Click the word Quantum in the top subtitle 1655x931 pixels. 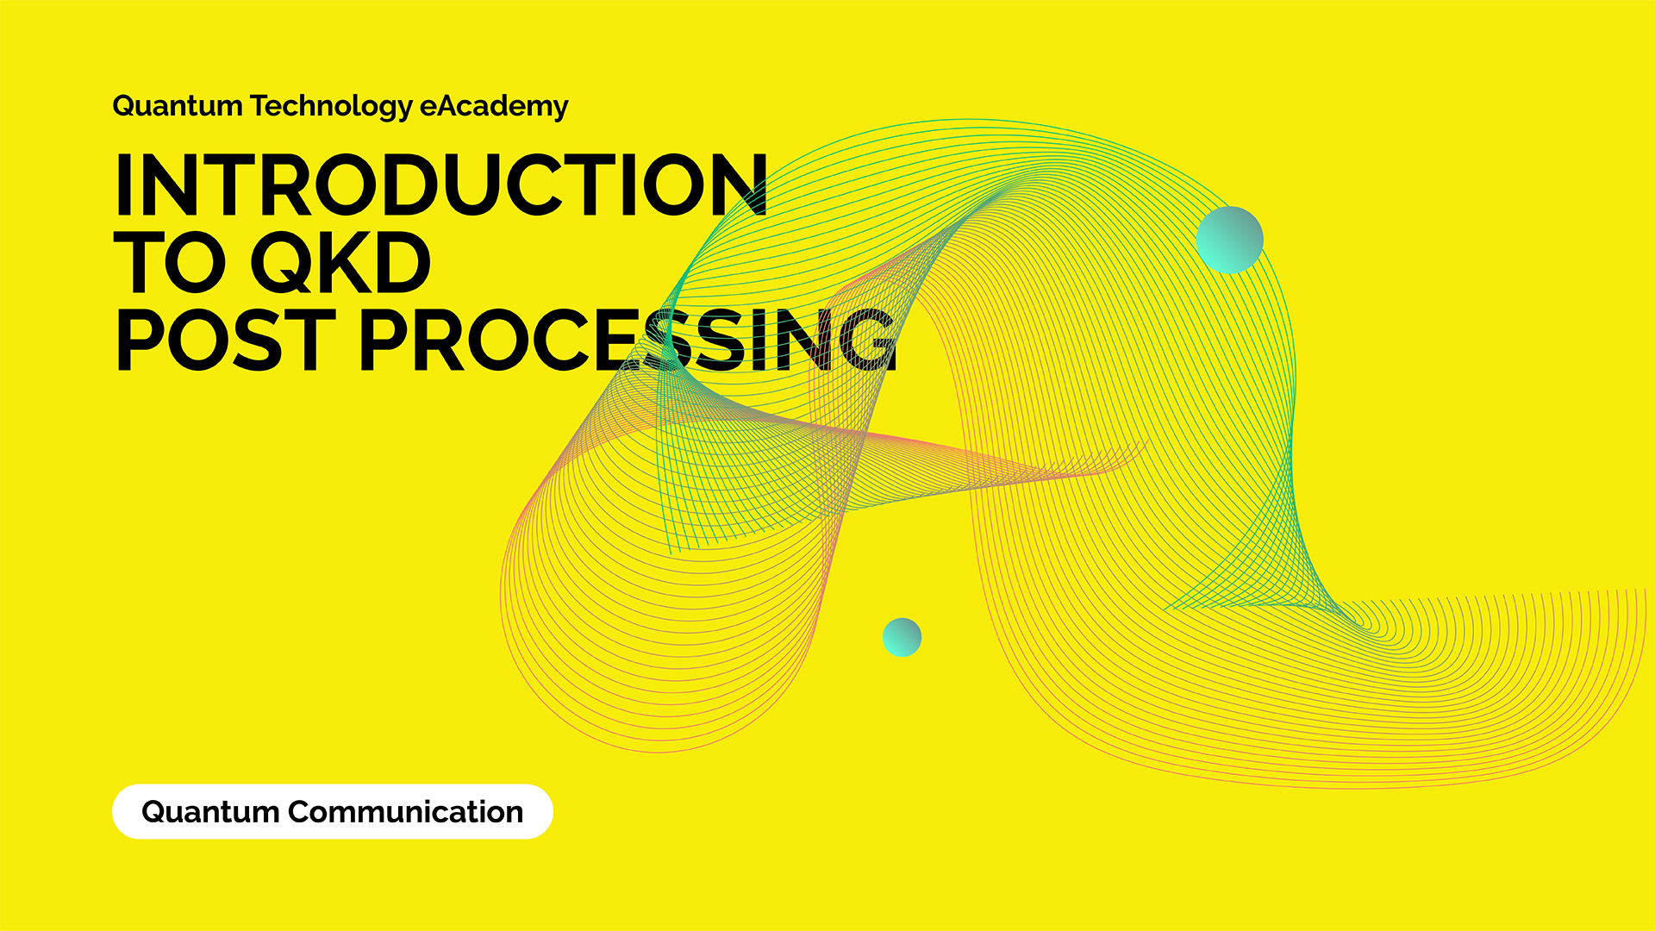[x=178, y=106]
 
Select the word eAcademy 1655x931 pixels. [x=494, y=107]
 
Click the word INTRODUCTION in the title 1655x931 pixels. [x=440, y=184]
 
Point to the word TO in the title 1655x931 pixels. [x=176, y=262]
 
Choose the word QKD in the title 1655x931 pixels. [x=340, y=264]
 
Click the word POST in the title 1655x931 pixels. [x=224, y=341]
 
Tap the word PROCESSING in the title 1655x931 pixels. [x=628, y=341]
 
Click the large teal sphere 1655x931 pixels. [x=1229, y=240]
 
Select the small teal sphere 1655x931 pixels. [x=902, y=637]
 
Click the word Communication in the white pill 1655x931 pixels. [x=405, y=812]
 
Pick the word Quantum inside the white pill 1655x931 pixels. [x=210, y=812]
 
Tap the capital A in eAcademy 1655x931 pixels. [x=450, y=105]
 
